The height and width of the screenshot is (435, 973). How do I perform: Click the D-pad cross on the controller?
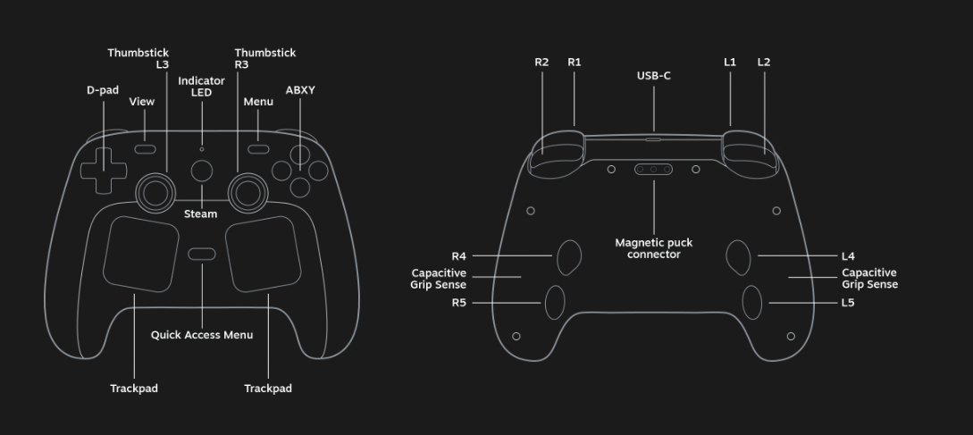click(x=103, y=171)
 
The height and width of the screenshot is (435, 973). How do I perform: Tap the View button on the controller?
click(x=146, y=149)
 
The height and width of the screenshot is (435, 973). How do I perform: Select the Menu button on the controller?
click(x=258, y=149)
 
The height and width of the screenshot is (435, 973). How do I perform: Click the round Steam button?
click(x=202, y=171)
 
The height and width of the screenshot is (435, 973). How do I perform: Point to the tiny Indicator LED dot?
click(x=202, y=149)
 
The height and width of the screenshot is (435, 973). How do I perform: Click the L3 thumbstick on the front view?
click(x=155, y=193)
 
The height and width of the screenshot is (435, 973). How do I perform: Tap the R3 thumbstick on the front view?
click(x=248, y=193)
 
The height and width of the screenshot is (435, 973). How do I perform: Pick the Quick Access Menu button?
click(x=202, y=254)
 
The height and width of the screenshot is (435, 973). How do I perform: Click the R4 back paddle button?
click(x=569, y=257)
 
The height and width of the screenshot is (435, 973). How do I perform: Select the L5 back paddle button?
click(x=752, y=302)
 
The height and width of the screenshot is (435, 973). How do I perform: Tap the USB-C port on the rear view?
click(x=653, y=139)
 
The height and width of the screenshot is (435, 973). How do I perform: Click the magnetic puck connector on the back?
click(x=653, y=169)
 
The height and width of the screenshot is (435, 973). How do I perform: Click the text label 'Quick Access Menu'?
click(x=202, y=335)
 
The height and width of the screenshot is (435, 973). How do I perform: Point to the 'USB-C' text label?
click(x=653, y=76)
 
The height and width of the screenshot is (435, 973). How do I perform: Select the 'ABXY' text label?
click(x=300, y=90)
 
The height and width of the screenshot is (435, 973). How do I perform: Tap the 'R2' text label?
click(x=541, y=62)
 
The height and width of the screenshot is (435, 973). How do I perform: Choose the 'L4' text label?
click(x=848, y=255)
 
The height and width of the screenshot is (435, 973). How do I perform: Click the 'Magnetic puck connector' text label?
click(x=653, y=248)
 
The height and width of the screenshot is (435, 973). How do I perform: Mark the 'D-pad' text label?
click(x=103, y=90)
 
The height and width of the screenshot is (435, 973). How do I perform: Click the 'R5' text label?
click(x=458, y=303)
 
